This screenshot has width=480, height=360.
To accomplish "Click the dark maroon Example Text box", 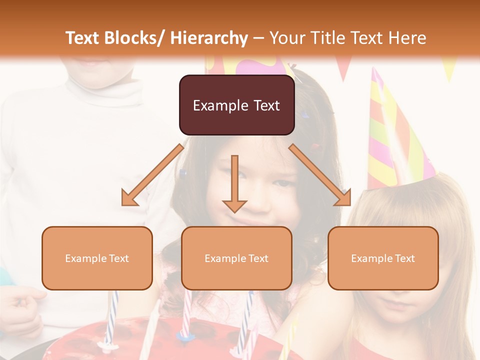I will pyautogui.click(x=236, y=105).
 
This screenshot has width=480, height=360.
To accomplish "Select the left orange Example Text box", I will pyautogui.click(x=97, y=258).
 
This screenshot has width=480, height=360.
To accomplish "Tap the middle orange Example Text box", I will pyautogui.click(x=236, y=258).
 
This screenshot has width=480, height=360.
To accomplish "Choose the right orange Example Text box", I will pyautogui.click(x=383, y=258).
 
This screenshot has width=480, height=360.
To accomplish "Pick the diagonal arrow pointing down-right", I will pyautogui.click(x=320, y=175).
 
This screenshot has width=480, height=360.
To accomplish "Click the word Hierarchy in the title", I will pyautogui.click(x=208, y=38).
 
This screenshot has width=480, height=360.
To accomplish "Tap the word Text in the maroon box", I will pyautogui.click(x=266, y=105).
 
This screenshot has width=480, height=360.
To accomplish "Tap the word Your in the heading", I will pyautogui.click(x=287, y=38).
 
